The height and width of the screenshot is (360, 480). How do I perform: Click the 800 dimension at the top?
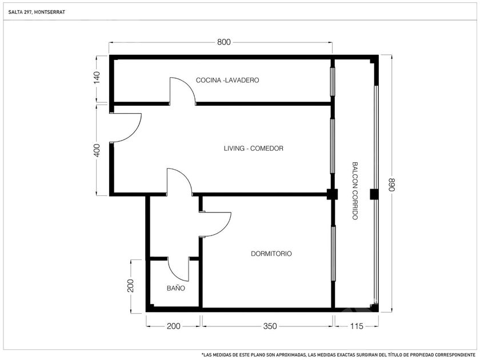coord(224,42)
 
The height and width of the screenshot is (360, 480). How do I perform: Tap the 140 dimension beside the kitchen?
coord(97,78)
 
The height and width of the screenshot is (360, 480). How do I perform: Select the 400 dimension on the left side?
coord(97,150)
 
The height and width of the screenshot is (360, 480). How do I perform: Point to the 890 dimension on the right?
coord(391,184)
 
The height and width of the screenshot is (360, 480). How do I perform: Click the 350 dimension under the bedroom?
coord(270,326)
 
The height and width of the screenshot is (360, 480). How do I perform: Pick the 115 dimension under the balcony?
coord(357,326)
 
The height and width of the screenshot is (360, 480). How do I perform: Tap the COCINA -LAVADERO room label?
coord(227,80)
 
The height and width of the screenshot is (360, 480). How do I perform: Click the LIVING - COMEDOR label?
coord(254,149)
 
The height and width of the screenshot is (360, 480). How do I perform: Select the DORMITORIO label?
coord(271,254)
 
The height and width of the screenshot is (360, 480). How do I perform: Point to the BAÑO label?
coord(176,288)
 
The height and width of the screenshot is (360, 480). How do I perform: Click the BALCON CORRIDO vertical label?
coord(355,191)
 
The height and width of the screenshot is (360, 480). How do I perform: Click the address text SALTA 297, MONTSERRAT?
coord(37,12)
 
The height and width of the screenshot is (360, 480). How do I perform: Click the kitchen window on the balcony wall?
coord(332,82)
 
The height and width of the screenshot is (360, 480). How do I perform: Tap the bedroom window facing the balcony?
coord(333,254)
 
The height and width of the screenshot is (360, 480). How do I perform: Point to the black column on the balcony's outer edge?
coord(374,194)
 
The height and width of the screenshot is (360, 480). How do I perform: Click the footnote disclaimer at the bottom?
coord(338,355)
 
